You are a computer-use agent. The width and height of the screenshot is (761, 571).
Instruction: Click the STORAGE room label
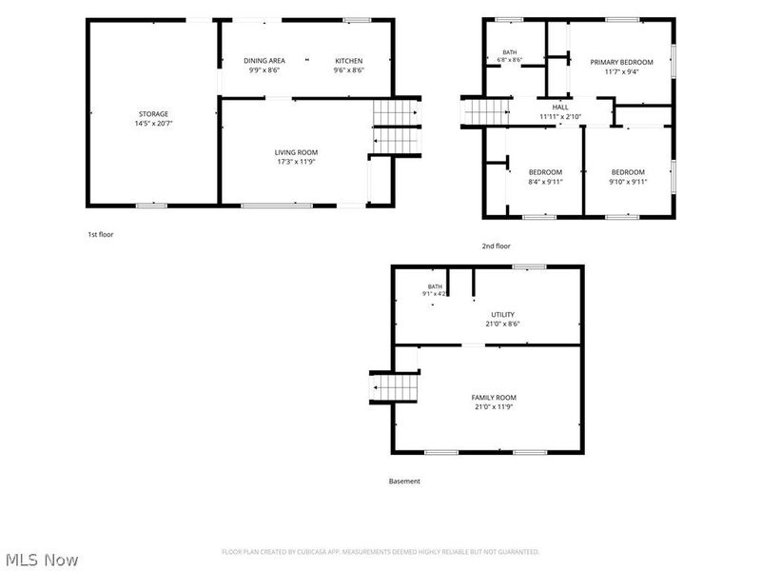pyautogui.click(x=153, y=114)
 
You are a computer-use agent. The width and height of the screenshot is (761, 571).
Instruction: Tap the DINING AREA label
pyautogui.click(x=264, y=61)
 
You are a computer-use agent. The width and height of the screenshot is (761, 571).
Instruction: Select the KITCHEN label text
pyautogui.click(x=348, y=61)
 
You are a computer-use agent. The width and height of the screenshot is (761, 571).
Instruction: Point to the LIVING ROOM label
pyautogui.click(x=296, y=152)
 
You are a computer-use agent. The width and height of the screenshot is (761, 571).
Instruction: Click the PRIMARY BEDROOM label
pyautogui.click(x=621, y=62)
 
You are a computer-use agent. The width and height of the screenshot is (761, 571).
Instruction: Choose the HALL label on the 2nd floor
pyautogui.click(x=560, y=108)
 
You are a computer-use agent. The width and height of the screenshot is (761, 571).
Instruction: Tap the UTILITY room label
pyautogui.click(x=503, y=315)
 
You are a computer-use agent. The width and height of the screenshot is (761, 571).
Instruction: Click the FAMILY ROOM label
pyautogui.click(x=494, y=398)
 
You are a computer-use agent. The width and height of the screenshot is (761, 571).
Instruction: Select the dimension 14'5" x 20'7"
pyautogui.click(x=153, y=124)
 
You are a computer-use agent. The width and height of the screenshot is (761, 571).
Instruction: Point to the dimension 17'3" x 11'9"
pyautogui.click(x=296, y=162)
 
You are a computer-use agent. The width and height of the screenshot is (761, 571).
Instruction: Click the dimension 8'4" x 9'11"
pyautogui.click(x=545, y=182)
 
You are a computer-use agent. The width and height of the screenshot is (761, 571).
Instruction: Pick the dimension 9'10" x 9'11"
pyautogui.click(x=628, y=182)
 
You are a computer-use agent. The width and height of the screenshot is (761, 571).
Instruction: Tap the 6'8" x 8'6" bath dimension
pyautogui.click(x=510, y=60)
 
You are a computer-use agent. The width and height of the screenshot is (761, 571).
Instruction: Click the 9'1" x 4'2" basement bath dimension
pyautogui.click(x=435, y=294)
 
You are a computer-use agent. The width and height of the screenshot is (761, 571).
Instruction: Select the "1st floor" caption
pyautogui.click(x=101, y=234)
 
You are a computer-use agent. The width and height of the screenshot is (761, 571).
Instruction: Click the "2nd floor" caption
pyautogui.click(x=496, y=246)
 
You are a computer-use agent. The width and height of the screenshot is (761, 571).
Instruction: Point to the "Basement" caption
pyautogui.click(x=404, y=482)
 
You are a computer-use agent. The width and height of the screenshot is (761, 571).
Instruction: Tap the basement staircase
pyautogui.click(x=395, y=387)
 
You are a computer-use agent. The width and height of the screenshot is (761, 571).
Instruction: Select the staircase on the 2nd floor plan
pyautogui.click(x=485, y=111)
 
